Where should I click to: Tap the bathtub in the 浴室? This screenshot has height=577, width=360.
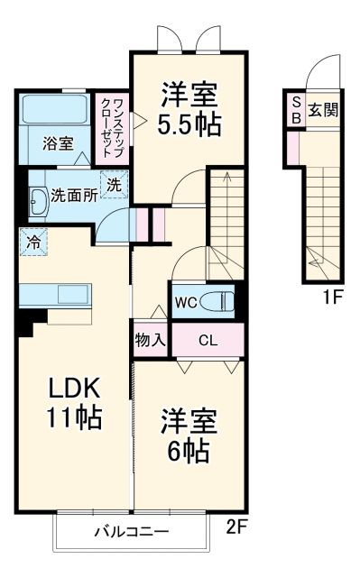pyautogui.click(x=52, y=111)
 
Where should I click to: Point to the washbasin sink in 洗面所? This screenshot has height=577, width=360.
pyautogui.click(x=39, y=203)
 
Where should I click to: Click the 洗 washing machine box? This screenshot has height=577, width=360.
pyautogui.click(x=115, y=184)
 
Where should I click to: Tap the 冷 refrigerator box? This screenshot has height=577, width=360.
pyautogui.click(x=32, y=241)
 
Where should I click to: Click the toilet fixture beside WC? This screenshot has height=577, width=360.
pyautogui.click(x=217, y=300)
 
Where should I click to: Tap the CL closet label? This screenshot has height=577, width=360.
pyautogui.click(x=208, y=341)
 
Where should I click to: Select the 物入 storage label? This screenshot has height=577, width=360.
pyautogui.click(x=151, y=341)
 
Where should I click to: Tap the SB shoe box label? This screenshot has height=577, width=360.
pyautogui.click(x=295, y=111)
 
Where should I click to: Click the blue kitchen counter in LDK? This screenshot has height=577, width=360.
pyautogui.click(x=54, y=295)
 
